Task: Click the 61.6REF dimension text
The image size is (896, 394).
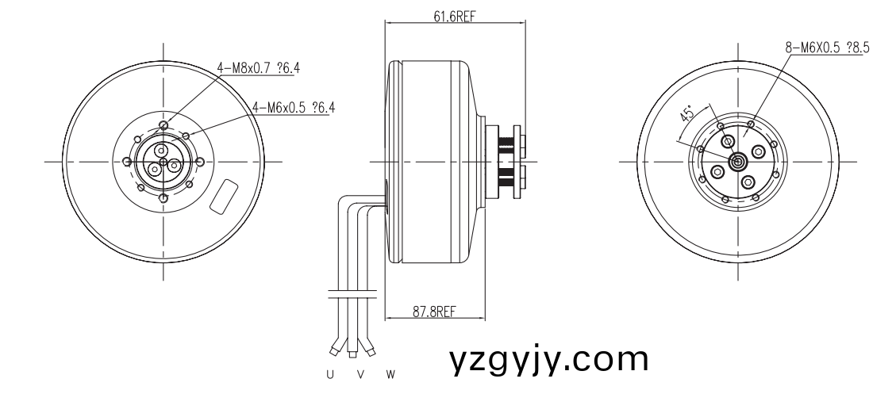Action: (455, 17)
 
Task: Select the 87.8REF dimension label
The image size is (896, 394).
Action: (434, 312)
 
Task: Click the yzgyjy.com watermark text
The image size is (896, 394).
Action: (548, 360)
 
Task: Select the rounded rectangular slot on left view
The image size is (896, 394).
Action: (225, 196)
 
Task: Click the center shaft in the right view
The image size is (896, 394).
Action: (737, 162)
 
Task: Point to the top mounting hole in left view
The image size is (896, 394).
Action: (163, 125)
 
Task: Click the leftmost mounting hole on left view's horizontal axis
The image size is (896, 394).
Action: (125, 162)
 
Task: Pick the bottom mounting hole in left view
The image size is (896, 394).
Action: (163, 198)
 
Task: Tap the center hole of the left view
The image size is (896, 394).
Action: (163, 162)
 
